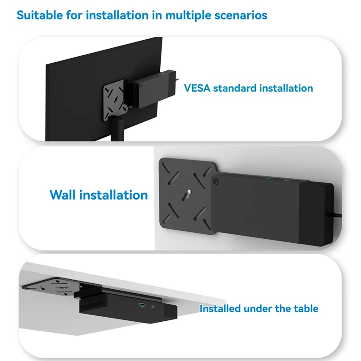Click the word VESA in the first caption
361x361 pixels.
197,88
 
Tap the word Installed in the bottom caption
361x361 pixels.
220,309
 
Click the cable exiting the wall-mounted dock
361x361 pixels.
336,215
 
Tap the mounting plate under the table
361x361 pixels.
50,285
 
